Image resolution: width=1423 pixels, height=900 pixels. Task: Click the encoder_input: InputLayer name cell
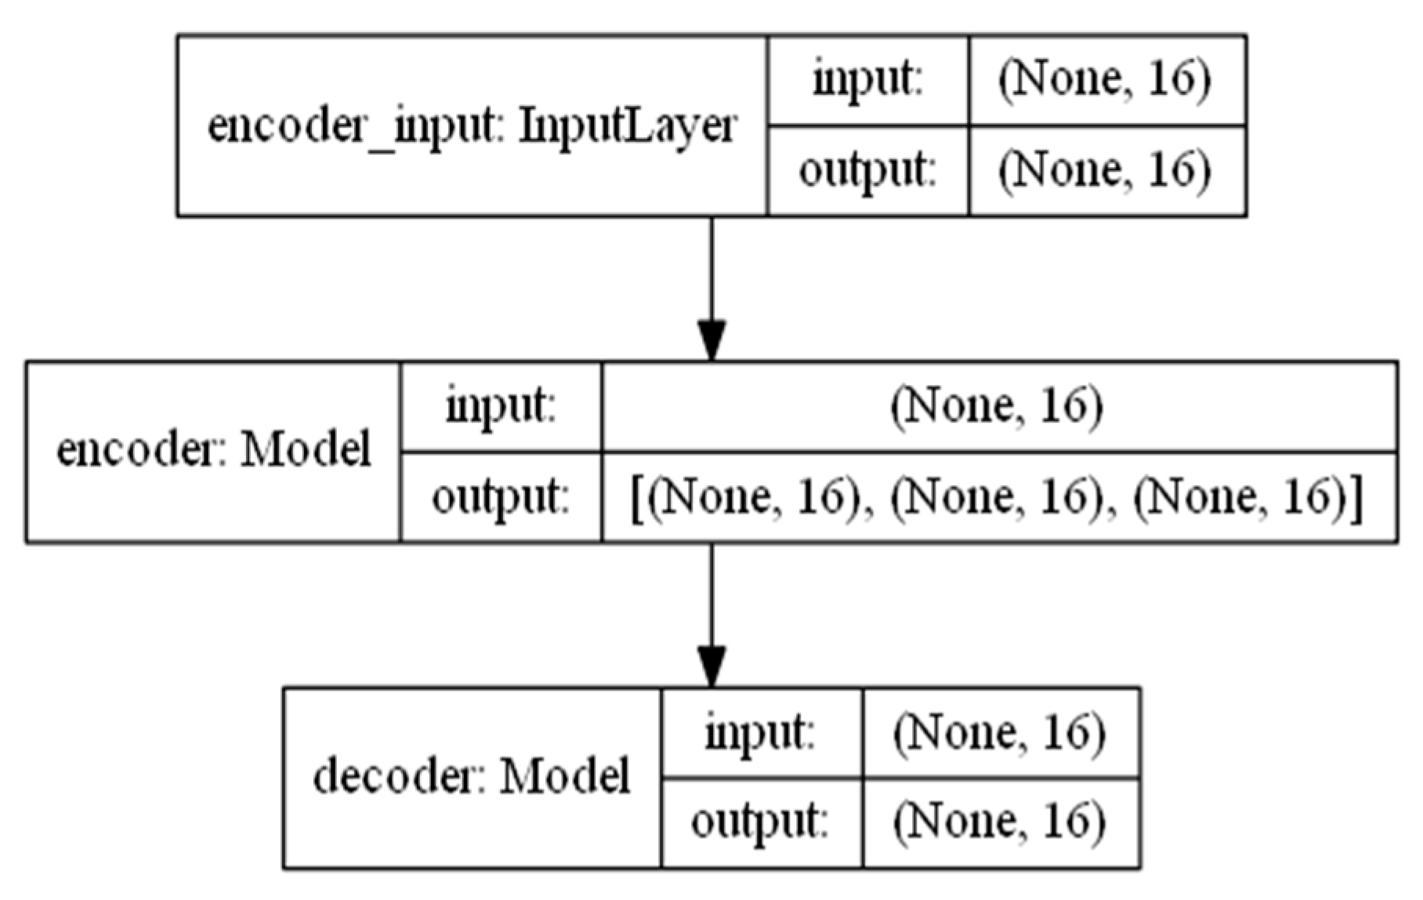tap(472, 125)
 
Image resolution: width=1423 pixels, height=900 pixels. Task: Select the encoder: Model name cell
tap(213, 452)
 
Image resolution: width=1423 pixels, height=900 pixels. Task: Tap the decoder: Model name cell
tap(472, 778)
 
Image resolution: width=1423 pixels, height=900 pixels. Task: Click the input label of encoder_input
tap(867, 80)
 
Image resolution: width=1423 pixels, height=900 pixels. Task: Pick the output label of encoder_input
tap(867, 170)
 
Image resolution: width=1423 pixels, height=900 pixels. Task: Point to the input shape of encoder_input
tap(1105, 80)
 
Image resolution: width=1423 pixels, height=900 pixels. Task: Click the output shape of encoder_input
tap(1105, 170)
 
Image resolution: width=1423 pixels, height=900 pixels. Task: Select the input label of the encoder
tap(501, 407)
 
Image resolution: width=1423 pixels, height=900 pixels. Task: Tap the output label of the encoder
tap(501, 497)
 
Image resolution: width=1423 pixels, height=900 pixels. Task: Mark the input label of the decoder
tap(761, 733)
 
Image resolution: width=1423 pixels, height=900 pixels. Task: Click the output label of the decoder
tap(761, 823)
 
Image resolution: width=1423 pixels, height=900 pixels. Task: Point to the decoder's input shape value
tap(1000, 733)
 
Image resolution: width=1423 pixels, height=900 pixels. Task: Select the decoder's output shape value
tap(1000, 823)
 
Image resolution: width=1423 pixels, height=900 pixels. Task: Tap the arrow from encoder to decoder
tap(711, 615)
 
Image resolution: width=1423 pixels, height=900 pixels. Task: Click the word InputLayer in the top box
tap(628, 125)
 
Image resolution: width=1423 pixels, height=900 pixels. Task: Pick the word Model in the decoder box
tap(565, 778)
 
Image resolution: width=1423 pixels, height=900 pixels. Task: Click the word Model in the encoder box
tap(306, 452)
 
